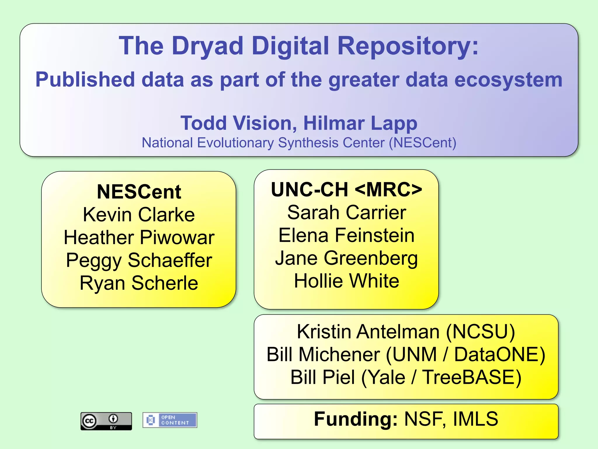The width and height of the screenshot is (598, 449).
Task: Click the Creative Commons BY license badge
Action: [x=106, y=421]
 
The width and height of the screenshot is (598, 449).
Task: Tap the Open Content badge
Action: [x=170, y=420]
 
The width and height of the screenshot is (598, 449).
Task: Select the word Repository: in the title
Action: [x=408, y=46]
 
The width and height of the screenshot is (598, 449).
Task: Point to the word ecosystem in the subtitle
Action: [x=508, y=80]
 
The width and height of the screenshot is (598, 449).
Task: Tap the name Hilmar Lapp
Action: [x=360, y=123]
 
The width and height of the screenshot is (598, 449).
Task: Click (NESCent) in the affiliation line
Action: [x=423, y=143]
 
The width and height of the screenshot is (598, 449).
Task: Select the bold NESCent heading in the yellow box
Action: [x=139, y=192]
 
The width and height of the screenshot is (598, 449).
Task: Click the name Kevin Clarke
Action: [x=139, y=215]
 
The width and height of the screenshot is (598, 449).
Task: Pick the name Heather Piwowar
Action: [x=139, y=237]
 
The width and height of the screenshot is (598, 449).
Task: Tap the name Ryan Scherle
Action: [x=139, y=283]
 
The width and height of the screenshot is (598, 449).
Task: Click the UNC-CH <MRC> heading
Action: [x=346, y=189]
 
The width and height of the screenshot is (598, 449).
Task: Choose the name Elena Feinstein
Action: [x=346, y=235]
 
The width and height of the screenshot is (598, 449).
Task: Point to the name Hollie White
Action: [x=346, y=281]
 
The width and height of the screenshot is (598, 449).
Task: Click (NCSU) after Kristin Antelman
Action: [x=480, y=331]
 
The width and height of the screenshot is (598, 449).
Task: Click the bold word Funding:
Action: [x=356, y=419]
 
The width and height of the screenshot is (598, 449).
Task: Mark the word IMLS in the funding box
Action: [x=475, y=419]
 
